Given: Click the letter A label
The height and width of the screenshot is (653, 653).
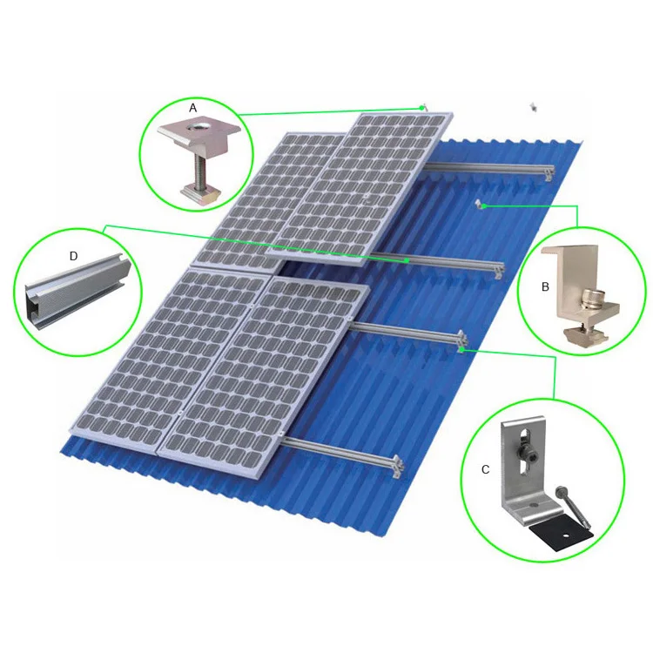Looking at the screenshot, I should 193,107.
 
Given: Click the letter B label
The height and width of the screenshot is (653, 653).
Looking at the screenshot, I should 544,286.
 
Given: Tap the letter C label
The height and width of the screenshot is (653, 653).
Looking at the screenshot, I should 485,469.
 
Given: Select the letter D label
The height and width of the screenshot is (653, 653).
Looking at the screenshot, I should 73,256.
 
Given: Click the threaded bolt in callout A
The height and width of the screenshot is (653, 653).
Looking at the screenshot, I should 199,165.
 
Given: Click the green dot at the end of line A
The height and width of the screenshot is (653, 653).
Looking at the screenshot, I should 423,107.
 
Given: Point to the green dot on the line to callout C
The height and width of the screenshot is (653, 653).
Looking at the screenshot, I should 462,349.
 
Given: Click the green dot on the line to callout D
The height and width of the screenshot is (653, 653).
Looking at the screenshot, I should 407,259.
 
